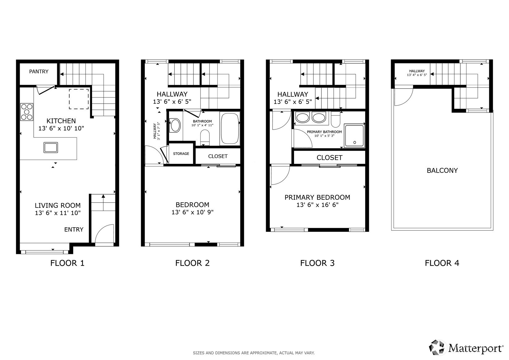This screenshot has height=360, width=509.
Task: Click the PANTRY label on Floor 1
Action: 39,72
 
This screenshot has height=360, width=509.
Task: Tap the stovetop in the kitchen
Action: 27,112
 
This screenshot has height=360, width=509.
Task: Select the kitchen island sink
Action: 51,148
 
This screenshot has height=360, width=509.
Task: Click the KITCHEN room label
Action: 61,121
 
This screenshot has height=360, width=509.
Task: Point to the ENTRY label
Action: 74,229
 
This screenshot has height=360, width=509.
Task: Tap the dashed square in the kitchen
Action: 79,99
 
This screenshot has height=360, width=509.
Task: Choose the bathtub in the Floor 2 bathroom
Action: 230,128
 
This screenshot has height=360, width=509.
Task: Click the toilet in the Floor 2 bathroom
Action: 205,137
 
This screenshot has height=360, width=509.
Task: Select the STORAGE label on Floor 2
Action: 181,154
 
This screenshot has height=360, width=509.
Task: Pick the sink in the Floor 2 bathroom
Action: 176,126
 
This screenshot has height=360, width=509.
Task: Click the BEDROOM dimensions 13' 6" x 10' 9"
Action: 193,212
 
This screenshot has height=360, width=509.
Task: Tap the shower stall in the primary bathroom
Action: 354,135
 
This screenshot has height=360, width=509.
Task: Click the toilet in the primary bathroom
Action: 336,119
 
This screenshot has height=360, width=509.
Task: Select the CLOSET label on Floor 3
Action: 329,158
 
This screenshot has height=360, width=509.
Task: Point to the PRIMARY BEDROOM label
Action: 317,197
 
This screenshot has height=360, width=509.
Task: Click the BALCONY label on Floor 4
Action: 442,170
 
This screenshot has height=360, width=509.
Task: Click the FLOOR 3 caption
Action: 317,263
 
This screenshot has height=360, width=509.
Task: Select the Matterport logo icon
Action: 436,348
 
